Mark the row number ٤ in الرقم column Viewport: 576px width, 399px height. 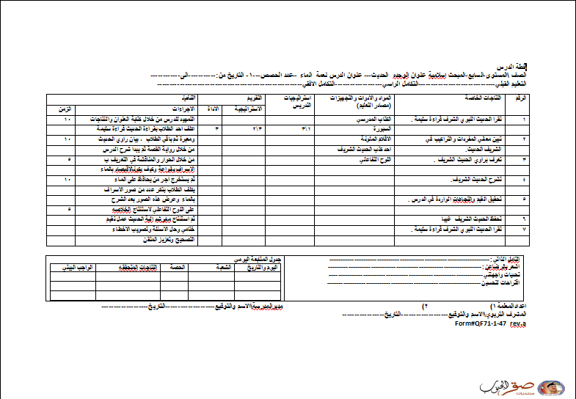click(x=524, y=178)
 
